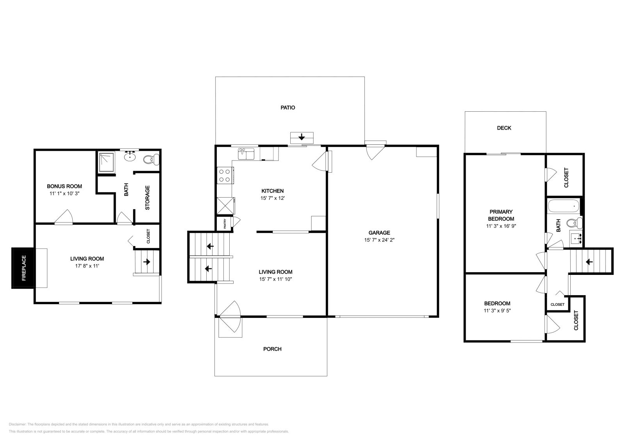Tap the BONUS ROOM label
point(64,186)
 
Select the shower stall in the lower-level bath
point(106,162)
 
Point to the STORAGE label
point(148,198)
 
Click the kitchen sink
point(246,153)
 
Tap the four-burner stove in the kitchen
point(225,175)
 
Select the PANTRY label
point(225,224)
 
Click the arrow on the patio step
point(302,137)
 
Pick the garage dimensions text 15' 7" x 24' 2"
point(379,240)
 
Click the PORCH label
point(272,349)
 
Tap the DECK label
point(504,128)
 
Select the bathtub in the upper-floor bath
point(563,205)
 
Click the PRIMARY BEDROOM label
point(501,215)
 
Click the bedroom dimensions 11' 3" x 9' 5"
point(497,311)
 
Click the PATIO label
point(288,107)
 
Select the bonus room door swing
point(64,218)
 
